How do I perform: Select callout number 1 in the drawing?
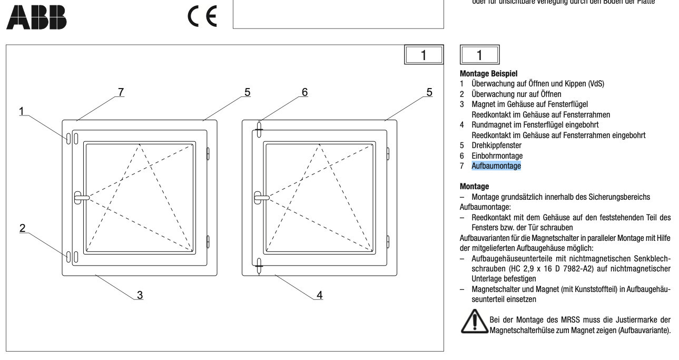click(x=22, y=111)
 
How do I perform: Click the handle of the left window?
click(x=81, y=197)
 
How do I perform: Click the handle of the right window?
click(x=261, y=197)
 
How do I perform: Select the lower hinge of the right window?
click(x=388, y=241)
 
